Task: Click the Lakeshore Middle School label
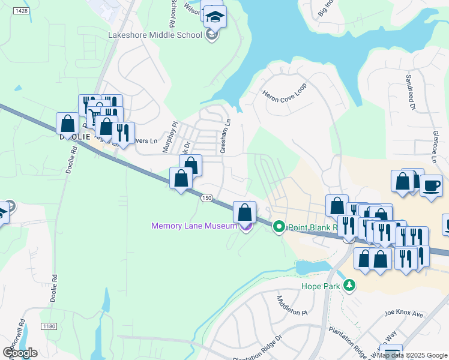point(155,35)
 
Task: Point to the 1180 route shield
point(49,326)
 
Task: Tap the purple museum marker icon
point(244,227)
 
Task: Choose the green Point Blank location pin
point(279,227)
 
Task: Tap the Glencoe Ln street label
point(435,148)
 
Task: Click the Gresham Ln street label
point(224,136)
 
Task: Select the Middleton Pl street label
point(292,306)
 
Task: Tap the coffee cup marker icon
point(430,185)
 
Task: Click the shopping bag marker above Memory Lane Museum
point(244,212)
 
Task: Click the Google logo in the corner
point(20,352)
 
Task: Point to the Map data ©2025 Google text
point(412,355)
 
